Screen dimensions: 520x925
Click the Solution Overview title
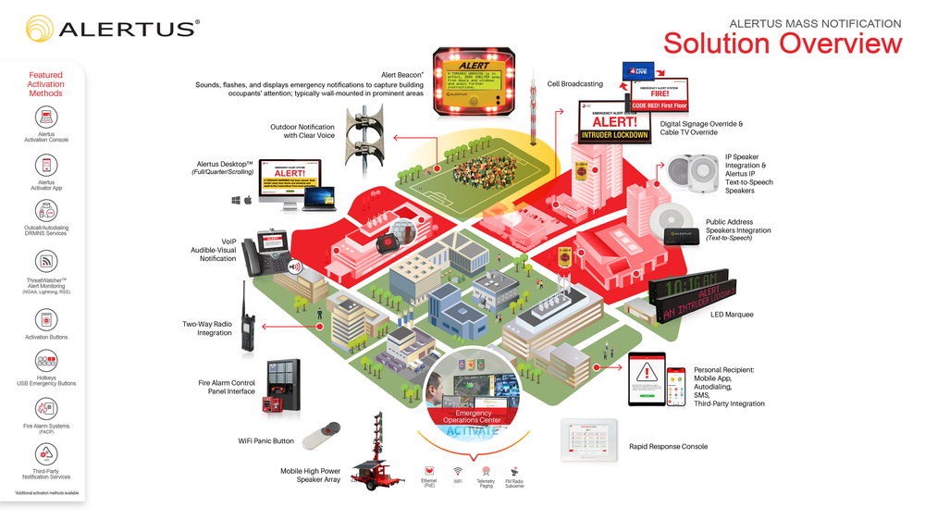pos(782,43)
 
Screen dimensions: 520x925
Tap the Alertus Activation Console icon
pos(46,118)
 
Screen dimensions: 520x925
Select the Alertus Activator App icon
pos(46,165)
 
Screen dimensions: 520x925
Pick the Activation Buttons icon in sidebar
pos(46,319)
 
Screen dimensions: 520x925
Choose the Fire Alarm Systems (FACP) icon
pos(46,408)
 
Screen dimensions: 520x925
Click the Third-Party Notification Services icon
pos(46,454)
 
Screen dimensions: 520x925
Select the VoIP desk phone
pos(273,252)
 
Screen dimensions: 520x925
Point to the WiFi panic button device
pos(321,435)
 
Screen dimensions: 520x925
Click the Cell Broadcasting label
pos(574,84)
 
